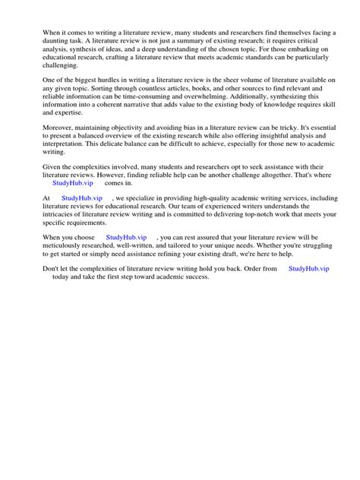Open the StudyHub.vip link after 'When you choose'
[x=126, y=237]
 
